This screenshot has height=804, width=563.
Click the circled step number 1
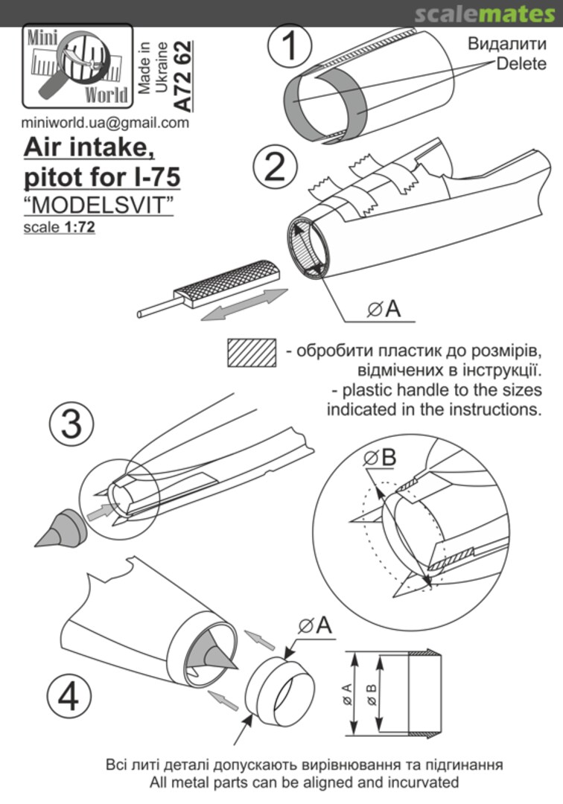(290, 45)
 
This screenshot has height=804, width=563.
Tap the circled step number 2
(275, 167)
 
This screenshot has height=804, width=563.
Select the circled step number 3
(71, 424)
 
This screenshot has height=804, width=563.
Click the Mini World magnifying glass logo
(77, 66)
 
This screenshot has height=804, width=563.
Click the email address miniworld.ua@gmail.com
(105, 123)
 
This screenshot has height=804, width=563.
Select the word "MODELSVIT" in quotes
(98, 205)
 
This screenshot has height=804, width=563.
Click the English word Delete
(521, 63)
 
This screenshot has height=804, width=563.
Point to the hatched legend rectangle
(252, 352)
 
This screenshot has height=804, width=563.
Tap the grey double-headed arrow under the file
(244, 304)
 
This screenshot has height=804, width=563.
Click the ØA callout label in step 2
(384, 309)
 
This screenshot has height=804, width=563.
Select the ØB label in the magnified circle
(380, 458)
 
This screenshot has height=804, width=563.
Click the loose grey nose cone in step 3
(60, 528)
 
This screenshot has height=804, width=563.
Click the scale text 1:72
(80, 226)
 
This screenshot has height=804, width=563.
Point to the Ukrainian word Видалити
(506, 44)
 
